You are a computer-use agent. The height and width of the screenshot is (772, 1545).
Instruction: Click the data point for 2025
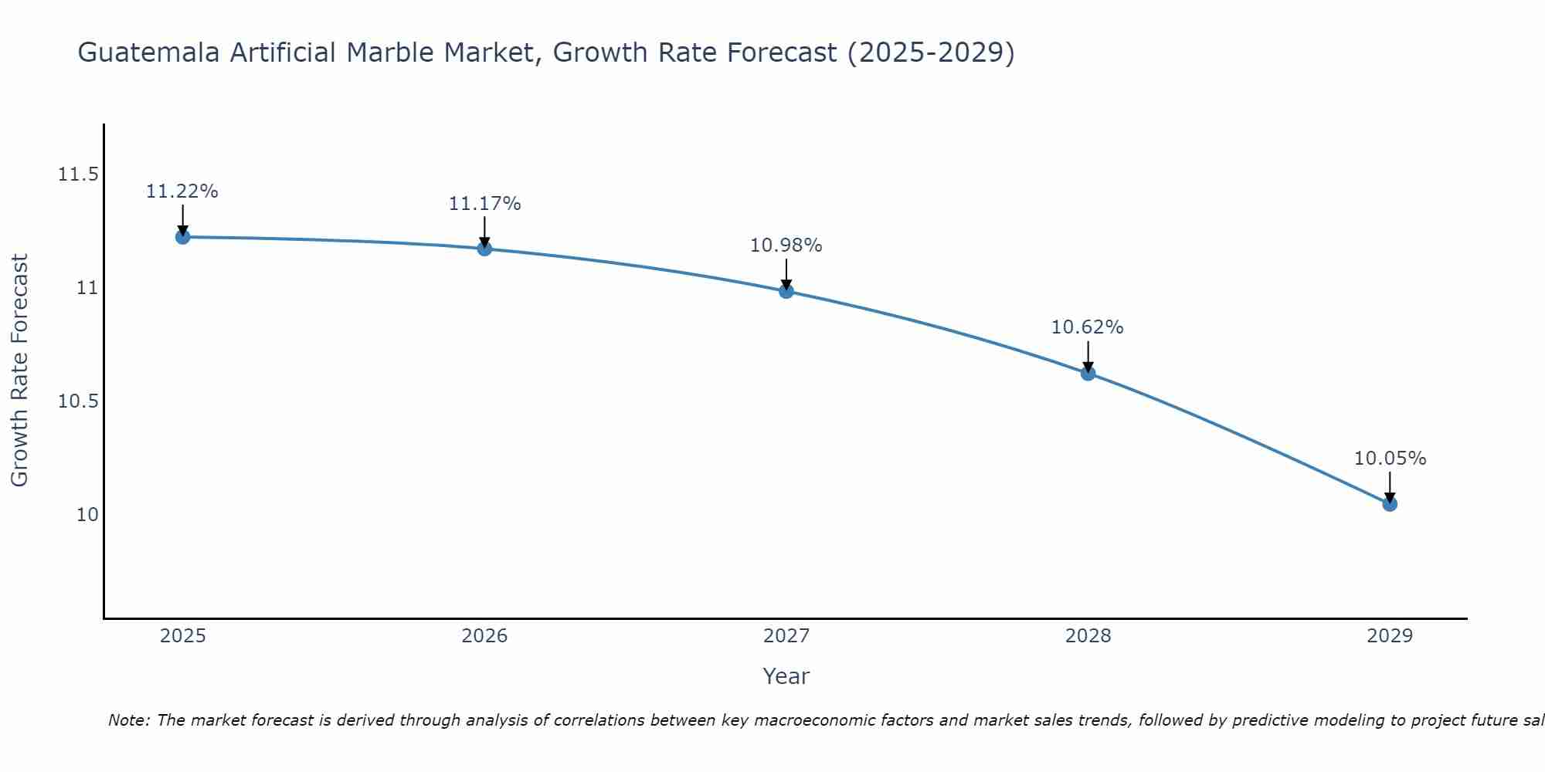(182, 237)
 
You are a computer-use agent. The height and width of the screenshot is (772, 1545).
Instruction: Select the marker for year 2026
(484, 249)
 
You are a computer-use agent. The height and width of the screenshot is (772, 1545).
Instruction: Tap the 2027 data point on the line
(786, 291)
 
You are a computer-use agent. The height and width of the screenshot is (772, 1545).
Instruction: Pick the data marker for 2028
(1088, 374)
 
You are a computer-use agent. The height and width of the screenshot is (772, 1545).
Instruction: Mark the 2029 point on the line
(1390, 504)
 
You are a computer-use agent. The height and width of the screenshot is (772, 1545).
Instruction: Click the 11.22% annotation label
(182, 191)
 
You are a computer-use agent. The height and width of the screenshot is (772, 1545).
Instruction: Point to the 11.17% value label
(484, 204)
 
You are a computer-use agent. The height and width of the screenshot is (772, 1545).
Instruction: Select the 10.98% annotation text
(786, 245)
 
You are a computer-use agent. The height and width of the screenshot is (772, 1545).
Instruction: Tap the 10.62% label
(1088, 327)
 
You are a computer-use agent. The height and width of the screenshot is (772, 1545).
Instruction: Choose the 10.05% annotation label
(1390, 459)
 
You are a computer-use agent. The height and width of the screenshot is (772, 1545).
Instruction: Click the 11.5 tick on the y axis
(78, 174)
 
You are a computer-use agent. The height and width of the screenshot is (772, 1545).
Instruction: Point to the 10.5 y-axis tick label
(78, 401)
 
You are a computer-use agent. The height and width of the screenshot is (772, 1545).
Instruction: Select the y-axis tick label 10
(87, 515)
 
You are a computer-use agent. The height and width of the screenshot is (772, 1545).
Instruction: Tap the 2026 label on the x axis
(484, 636)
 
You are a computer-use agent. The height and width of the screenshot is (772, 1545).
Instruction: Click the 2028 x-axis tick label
(1088, 636)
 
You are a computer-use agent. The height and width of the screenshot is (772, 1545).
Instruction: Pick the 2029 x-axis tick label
(1390, 636)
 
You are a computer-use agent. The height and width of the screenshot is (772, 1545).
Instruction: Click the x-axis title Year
(786, 676)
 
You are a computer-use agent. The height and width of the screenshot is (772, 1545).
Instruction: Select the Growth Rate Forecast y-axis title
(20, 370)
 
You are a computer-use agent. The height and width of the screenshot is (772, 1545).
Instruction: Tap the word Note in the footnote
(129, 720)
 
